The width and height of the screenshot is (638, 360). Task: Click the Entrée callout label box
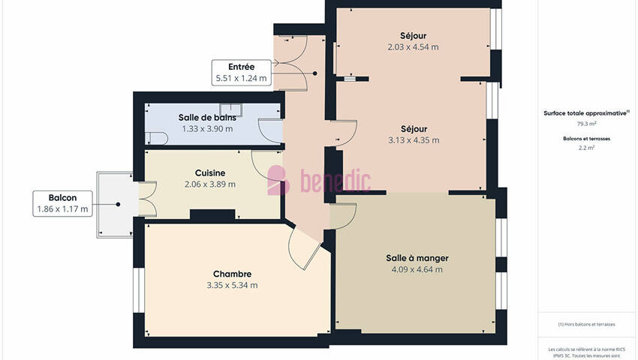tap(241, 73)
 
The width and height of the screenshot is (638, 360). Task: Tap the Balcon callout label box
tap(62, 203)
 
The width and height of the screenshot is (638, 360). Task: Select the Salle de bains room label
tap(207, 118)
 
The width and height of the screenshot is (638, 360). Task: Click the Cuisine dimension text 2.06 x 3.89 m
tap(210, 184)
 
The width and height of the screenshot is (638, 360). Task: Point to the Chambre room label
tap(232, 274)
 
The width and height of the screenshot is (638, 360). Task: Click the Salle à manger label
tap(417, 258)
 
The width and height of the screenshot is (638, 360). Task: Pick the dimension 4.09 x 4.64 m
tap(417, 269)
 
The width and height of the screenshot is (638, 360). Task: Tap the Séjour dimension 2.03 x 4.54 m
tap(413, 47)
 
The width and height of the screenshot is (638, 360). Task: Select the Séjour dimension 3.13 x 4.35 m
tap(414, 140)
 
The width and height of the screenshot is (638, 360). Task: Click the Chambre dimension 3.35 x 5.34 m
tap(232, 286)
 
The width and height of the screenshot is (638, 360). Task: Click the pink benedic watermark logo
tap(319, 181)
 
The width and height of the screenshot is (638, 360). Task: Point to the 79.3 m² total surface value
tap(586, 124)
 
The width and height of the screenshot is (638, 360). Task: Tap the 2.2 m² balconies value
tap(586, 148)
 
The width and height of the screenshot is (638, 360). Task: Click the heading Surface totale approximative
tap(586, 113)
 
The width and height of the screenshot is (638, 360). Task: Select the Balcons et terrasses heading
tap(586, 139)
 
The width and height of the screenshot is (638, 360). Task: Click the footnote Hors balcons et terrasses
tap(586, 324)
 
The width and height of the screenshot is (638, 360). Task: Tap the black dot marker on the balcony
tap(118, 204)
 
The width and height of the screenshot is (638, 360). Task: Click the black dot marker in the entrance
tap(315, 73)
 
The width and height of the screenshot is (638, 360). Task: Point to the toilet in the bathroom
tap(157, 138)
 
